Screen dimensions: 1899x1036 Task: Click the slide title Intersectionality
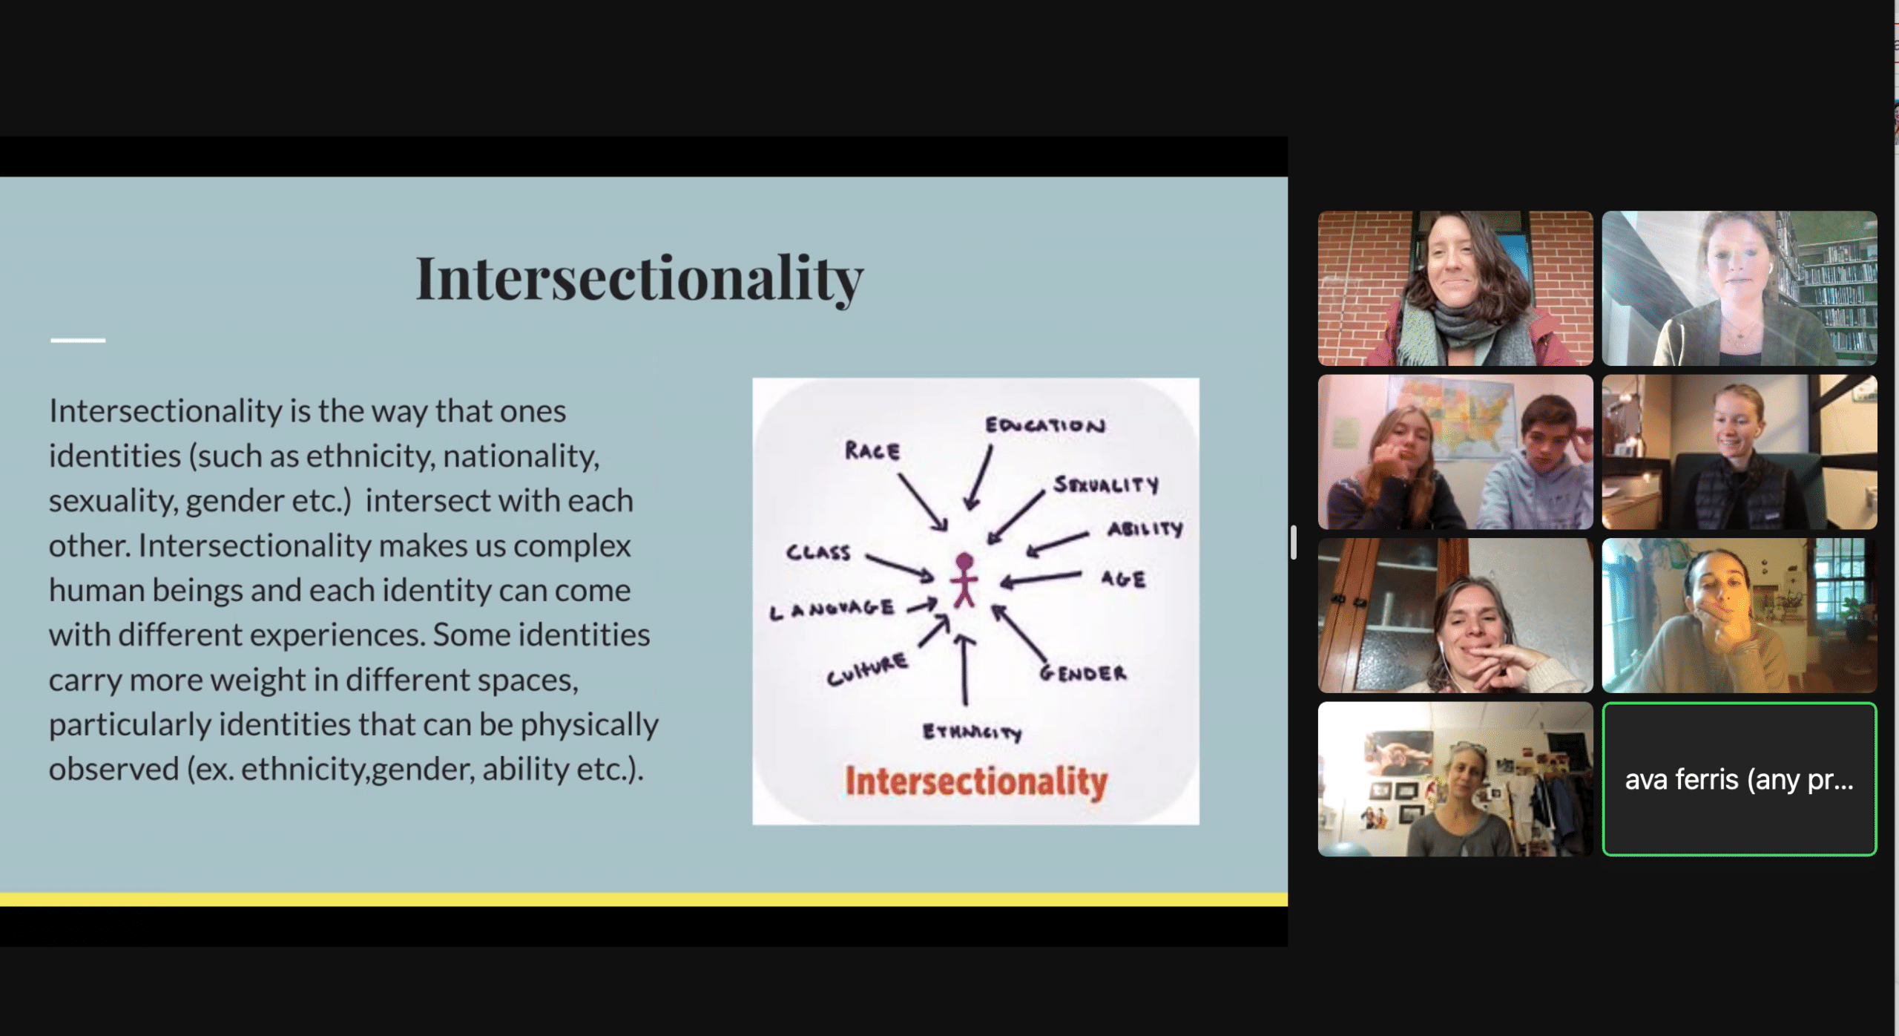(639, 279)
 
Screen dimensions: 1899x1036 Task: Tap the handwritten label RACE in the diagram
(872, 450)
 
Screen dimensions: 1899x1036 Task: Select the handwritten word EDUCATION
(1045, 424)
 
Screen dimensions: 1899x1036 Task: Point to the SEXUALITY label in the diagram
(1106, 485)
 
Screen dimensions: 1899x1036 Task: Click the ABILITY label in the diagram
(1145, 528)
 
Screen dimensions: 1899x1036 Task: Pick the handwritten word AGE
(1123, 579)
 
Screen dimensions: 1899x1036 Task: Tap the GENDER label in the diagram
(1083, 672)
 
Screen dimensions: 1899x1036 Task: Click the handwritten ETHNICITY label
(972, 732)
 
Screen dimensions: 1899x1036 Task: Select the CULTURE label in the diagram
(867, 669)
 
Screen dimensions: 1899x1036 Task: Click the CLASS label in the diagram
(818, 552)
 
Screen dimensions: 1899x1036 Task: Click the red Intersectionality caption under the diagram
(976, 782)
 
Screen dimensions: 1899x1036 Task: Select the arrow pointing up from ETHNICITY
(964, 669)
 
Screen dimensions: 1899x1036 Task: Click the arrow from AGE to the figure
(1041, 579)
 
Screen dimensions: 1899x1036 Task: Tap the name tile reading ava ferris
(1740, 779)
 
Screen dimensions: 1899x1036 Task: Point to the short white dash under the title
(78, 340)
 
